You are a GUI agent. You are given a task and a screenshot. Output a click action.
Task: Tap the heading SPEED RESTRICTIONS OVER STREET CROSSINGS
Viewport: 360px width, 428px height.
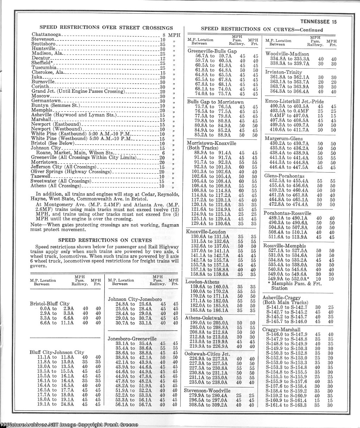[x=106, y=27]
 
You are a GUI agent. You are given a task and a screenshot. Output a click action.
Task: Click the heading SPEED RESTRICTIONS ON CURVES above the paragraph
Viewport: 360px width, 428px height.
[x=105, y=240]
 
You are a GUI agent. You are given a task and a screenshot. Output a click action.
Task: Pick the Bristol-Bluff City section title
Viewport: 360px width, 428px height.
[x=50, y=304]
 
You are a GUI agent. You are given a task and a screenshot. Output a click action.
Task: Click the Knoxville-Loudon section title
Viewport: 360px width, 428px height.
[x=206, y=232]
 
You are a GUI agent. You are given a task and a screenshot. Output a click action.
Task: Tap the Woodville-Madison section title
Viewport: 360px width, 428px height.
[x=287, y=54]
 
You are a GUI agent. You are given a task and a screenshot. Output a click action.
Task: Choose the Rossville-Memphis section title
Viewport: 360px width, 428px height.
[x=284, y=246]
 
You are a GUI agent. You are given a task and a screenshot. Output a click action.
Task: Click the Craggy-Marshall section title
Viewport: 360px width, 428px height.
[x=281, y=330]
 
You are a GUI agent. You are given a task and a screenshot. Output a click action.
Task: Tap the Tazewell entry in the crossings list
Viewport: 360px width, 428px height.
[x=40, y=176]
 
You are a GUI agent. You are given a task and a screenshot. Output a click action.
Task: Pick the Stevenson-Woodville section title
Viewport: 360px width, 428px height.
[x=207, y=390]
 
